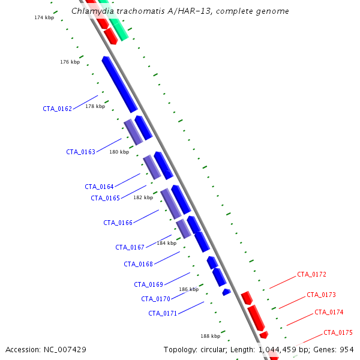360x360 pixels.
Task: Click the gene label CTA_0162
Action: (58, 109)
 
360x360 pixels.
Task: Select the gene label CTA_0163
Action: (80, 152)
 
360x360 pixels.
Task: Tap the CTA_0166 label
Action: (118, 223)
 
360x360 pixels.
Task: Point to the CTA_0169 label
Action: (148, 284)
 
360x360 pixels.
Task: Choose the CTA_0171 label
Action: (163, 313)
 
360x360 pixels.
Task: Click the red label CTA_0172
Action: (311, 274)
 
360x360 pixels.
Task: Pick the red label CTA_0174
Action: (329, 312)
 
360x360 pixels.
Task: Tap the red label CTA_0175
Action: (338, 332)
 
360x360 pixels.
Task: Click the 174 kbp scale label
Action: (44, 17)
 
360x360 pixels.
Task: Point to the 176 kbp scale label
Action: (70, 62)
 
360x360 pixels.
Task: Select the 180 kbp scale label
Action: (119, 152)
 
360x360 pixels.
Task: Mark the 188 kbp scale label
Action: (211, 336)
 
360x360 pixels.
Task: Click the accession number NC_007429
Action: (65, 350)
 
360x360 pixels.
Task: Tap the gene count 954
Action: (347, 350)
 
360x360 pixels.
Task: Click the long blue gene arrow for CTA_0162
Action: (119, 85)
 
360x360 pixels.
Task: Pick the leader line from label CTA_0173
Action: (292, 302)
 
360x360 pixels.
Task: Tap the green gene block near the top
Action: (113, 20)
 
